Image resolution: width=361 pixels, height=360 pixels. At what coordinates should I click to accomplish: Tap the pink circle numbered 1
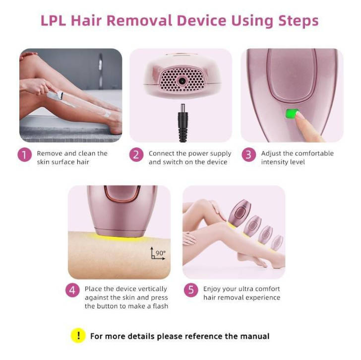[x=25, y=154]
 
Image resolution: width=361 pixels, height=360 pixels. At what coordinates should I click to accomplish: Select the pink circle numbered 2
[x=136, y=154]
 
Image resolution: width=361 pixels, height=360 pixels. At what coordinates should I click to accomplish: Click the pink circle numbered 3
[x=249, y=154]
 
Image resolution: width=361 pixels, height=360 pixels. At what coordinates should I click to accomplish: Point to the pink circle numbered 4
[x=73, y=290]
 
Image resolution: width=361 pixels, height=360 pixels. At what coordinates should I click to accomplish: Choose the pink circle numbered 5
[x=191, y=290]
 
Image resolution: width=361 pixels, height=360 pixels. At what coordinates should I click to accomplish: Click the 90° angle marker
[x=158, y=254]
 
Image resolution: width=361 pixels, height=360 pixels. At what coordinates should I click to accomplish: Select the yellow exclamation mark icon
[x=78, y=336]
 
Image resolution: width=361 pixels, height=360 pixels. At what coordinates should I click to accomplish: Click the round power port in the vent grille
[x=182, y=80]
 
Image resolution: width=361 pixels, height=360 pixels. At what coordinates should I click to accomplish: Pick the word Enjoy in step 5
[x=213, y=288]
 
